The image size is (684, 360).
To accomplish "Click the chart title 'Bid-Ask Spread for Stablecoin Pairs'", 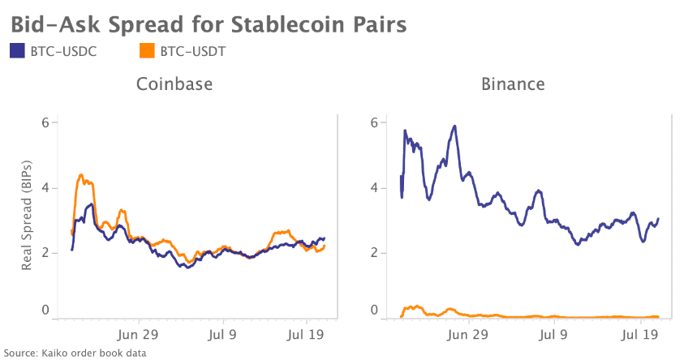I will coord(209,23).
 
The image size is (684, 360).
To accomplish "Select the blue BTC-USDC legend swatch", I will coord(18,51).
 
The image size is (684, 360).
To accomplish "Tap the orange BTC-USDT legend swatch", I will coord(147,51).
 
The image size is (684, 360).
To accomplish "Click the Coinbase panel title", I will coord(174,84).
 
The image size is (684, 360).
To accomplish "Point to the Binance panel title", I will coord(512,84).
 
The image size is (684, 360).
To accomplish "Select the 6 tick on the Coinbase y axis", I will coord(45,122).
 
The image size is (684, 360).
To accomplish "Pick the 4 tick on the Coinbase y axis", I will coord(45,188).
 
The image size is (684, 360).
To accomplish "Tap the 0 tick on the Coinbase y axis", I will coord(45,311).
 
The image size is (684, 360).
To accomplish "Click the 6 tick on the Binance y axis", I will coord(374,122).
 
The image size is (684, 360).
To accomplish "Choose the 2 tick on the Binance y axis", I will coord(374,253).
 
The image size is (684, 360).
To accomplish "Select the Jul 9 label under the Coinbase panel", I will coord(222,333).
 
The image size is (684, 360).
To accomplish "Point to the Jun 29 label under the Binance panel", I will coord(469,333).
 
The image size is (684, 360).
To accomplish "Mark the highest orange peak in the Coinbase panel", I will coord(80,174).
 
